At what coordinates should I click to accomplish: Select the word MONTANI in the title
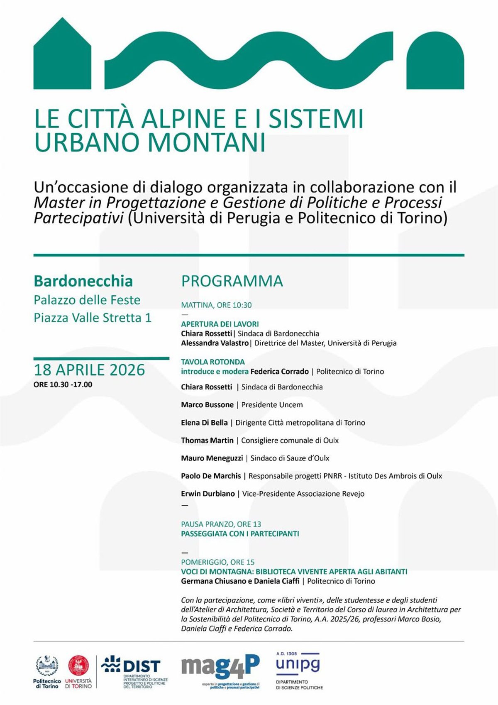pos(206,142)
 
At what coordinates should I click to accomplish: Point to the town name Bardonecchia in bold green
pos(83,281)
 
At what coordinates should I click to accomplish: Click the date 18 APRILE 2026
pos(89,370)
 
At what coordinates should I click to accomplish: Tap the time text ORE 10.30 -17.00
pos(63,384)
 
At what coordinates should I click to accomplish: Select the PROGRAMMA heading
pos(232,281)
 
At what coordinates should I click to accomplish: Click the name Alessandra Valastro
pos(215,343)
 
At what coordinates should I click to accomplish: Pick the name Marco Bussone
pos(207,405)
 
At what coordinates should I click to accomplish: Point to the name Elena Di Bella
pos(204,423)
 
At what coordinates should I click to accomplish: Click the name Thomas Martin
pos(207,440)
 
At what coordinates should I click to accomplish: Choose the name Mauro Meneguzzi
pos(212,458)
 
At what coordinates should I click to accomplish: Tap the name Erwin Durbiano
pos(207,494)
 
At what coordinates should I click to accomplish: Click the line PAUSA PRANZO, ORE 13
pos(221,524)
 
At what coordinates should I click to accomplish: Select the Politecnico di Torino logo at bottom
pos(47,672)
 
